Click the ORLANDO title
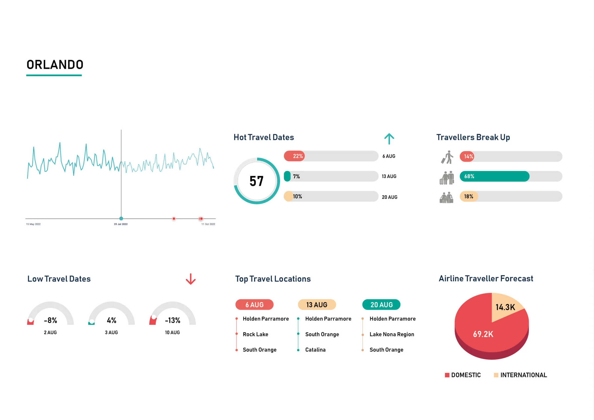[x=55, y=65]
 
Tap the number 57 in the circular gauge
[x=256, y=181]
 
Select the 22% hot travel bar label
[x=297, y=156]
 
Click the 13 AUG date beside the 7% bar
[x=389, y=176]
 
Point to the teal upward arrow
[x=389, y=139]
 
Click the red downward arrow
[x=191, y=279]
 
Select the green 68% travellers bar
[x=494, y=176]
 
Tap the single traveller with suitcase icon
[x=447, y=157]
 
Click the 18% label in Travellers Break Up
[x=468, y=196]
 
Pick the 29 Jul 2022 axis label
[x=121, y=224]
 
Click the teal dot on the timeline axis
[x=121, y=218]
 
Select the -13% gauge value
[x=173, y=320]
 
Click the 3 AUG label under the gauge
[x=111, y=332]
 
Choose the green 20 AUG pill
[x=381, y=305]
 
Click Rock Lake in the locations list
[x=255, y=334]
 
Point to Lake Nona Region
[x=392, y=334]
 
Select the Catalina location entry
[x=315, y=350]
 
